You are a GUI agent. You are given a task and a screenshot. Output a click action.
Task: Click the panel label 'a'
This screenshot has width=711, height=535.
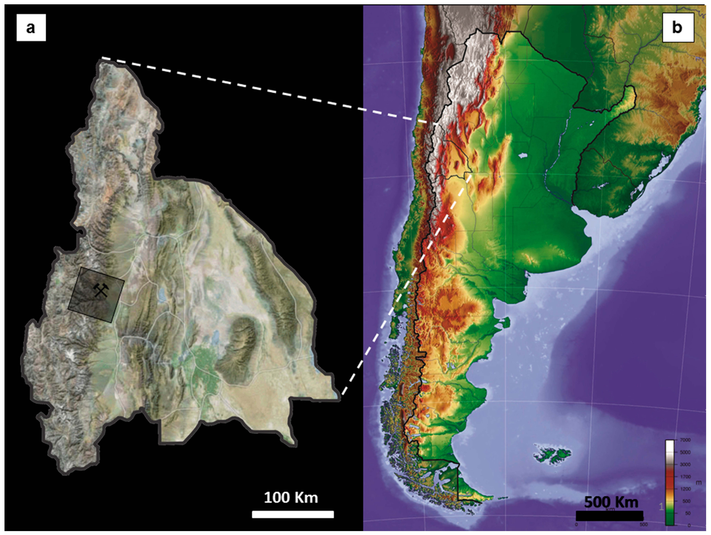[x=31, y=28]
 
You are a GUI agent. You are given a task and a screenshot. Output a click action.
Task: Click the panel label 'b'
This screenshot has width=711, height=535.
[x=677, y=28]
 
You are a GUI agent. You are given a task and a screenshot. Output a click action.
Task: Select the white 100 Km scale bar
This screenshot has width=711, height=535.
[x=292, y=514]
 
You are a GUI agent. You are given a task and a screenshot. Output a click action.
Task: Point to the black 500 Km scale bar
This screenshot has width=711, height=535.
[x=609, y=515]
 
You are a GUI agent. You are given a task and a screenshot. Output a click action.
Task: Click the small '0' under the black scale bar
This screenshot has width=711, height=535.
[x=576, y=525]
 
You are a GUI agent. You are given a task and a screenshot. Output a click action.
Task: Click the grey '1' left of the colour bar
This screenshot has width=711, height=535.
[x=661, y=507]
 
